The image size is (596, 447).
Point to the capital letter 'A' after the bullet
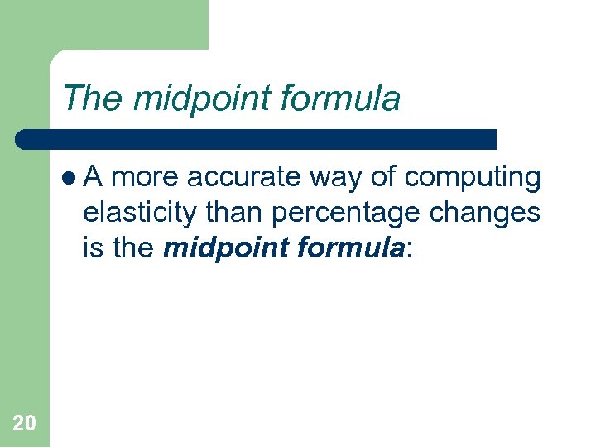[93, 177]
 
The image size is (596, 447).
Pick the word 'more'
[149, 177]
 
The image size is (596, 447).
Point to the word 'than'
[236, 212]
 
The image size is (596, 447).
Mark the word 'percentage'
[346, 212]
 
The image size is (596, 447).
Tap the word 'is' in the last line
[92, 247]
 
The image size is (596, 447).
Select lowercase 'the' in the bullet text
[132, 247]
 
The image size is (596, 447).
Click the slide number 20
[25, 424]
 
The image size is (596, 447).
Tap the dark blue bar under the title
[257, 139]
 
